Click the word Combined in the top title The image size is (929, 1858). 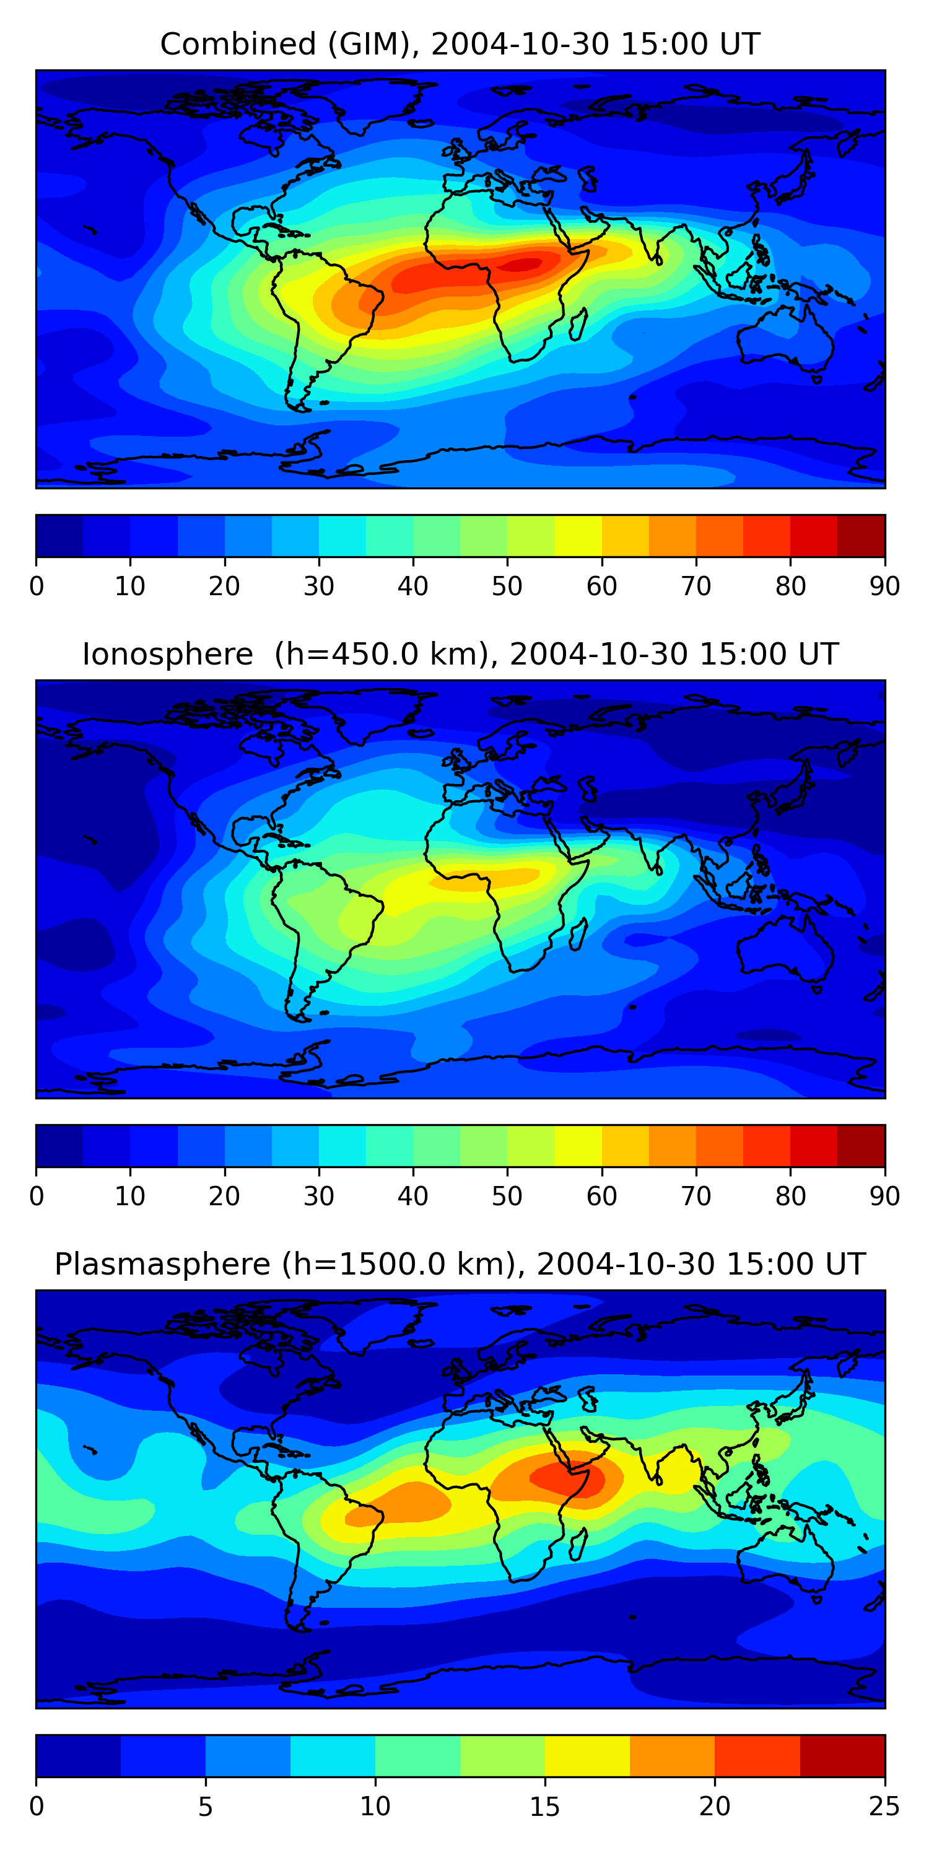tap(237, 44)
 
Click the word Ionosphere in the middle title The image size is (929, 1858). tap(167, 654)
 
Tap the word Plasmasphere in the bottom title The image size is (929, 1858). tap(162, 1265)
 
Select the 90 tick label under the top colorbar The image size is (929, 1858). tap(884, 586)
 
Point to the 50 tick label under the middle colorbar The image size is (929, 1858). tap(507, 1196)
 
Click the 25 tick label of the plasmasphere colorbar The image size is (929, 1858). tap(884, 1806)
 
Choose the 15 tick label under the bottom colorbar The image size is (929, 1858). tap(544, 1806)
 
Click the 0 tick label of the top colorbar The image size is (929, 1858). tap(37, 586)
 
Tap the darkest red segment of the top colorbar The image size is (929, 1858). tap(861, 536)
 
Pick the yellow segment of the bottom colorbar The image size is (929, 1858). tap(587, 1756)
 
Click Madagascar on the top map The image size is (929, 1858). tap(578, 325)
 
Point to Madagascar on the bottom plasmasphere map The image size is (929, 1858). tap(578, 1545)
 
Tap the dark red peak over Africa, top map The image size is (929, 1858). tap(525, 264)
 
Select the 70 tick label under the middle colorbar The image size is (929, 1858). tap(696, 1196)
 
